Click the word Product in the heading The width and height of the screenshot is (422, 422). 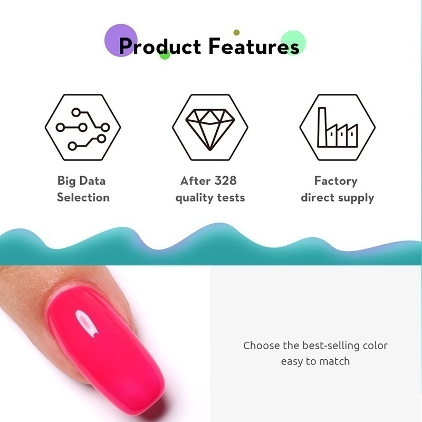(160, 46)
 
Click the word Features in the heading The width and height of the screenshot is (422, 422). (254, 46)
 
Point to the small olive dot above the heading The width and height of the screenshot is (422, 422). (236, 33)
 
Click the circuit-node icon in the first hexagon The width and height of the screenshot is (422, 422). (83, 128)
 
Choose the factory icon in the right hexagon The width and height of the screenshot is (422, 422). (338, 128)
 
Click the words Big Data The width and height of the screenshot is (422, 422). (82, 181)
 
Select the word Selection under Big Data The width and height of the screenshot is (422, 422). (83, 198)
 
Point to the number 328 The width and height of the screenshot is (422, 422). (225, 181)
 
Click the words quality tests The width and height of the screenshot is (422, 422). (210, 198)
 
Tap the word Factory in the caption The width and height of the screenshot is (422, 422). (336, 181)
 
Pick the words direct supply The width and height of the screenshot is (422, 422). (337, 198)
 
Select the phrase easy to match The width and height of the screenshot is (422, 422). (315, 362)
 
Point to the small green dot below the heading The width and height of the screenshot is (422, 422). (165, 54)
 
